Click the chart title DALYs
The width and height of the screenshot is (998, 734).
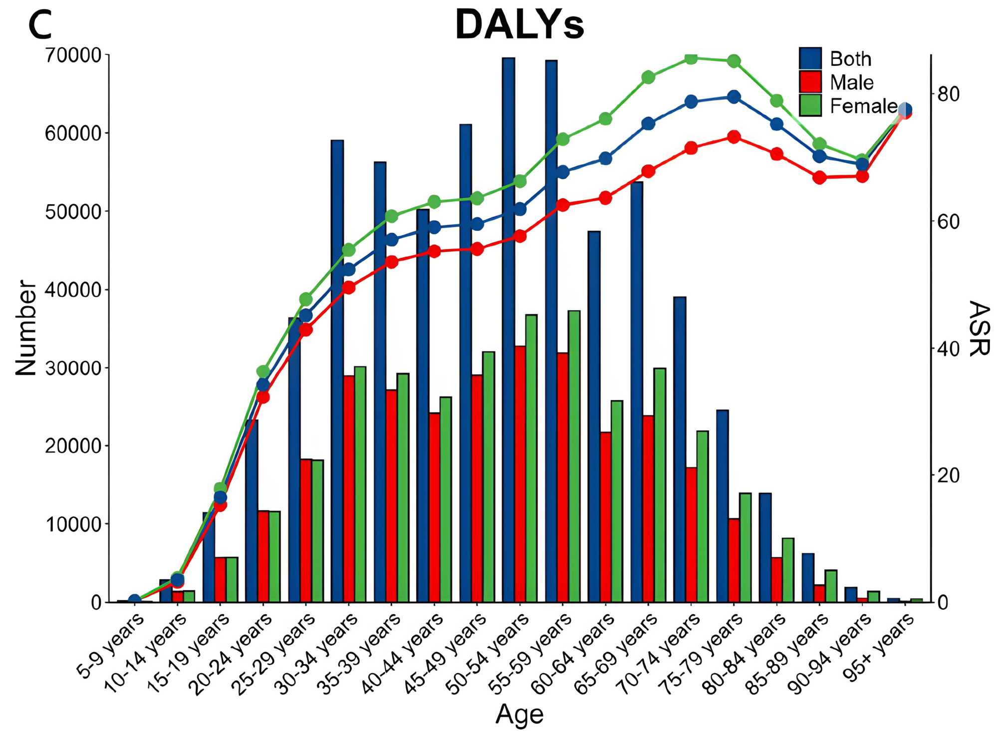(x=519, y=25)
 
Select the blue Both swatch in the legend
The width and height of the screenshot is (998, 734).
(x=810, y=59)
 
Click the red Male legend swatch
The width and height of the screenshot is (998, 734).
(x=810, y=82)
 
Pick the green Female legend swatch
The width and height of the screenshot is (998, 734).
(x=810, y=105)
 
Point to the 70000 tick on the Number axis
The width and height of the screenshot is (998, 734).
(x=73, y=55)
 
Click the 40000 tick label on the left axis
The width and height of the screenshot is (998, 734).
(x=73, y=290)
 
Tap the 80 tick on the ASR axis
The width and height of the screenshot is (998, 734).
(x=948, y=94)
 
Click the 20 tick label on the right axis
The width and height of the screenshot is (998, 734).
(x=948, y=475)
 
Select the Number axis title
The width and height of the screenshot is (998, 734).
(x=26, y=327)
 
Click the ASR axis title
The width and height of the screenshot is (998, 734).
(x=979, y=328)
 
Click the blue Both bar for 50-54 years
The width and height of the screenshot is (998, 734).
(x=508, y=330)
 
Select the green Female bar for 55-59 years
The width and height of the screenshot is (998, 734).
(x=574, y=456)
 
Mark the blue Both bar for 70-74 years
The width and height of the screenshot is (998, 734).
(x=680, y=449)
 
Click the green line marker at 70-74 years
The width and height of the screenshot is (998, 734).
(x=691, y=58)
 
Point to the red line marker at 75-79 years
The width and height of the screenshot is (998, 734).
(x=734, y=137)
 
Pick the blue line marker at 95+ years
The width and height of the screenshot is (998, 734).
(x=905, y=110)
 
